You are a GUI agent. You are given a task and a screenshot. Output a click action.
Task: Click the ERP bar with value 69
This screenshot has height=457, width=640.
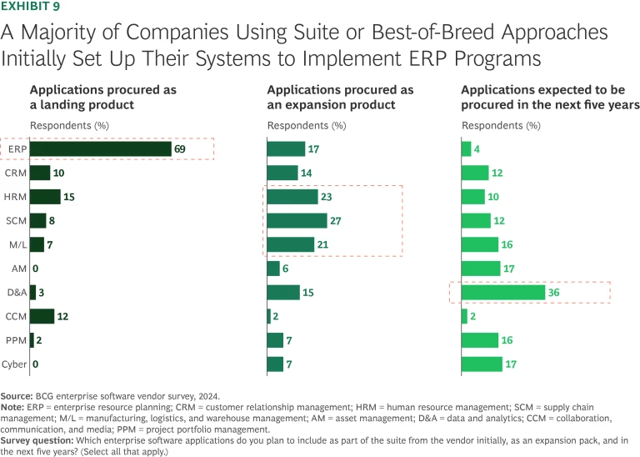tap(100, 149)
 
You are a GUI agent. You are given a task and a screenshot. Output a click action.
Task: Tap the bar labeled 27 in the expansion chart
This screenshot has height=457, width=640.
tap(297, 221)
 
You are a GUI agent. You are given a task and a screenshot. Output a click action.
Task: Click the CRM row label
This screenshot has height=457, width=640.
tap(16, 173)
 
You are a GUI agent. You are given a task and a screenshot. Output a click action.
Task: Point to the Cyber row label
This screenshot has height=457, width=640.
tap(14, 364)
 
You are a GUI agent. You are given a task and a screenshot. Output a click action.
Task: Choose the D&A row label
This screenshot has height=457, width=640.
tap(16, 293)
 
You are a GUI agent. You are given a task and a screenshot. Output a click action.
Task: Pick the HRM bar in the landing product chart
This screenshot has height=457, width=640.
tap(45, 197)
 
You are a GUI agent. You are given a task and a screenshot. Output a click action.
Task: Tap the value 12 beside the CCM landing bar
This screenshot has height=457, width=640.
tap(63, 317)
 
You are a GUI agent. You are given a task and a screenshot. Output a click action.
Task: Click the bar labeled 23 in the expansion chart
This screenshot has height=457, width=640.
tap(292, 197)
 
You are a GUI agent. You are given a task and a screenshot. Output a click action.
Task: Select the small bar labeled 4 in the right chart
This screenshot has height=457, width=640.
tap(466, 149)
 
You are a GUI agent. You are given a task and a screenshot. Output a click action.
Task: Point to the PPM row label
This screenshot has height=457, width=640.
tap(15, 340)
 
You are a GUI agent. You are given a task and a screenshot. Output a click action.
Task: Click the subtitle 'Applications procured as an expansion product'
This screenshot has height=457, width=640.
tap(340, 98)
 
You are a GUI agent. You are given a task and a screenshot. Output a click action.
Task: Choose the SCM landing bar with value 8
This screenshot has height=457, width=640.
tap(37, 221)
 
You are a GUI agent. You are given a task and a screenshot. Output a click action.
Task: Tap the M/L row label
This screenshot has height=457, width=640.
tap(16, 245)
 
